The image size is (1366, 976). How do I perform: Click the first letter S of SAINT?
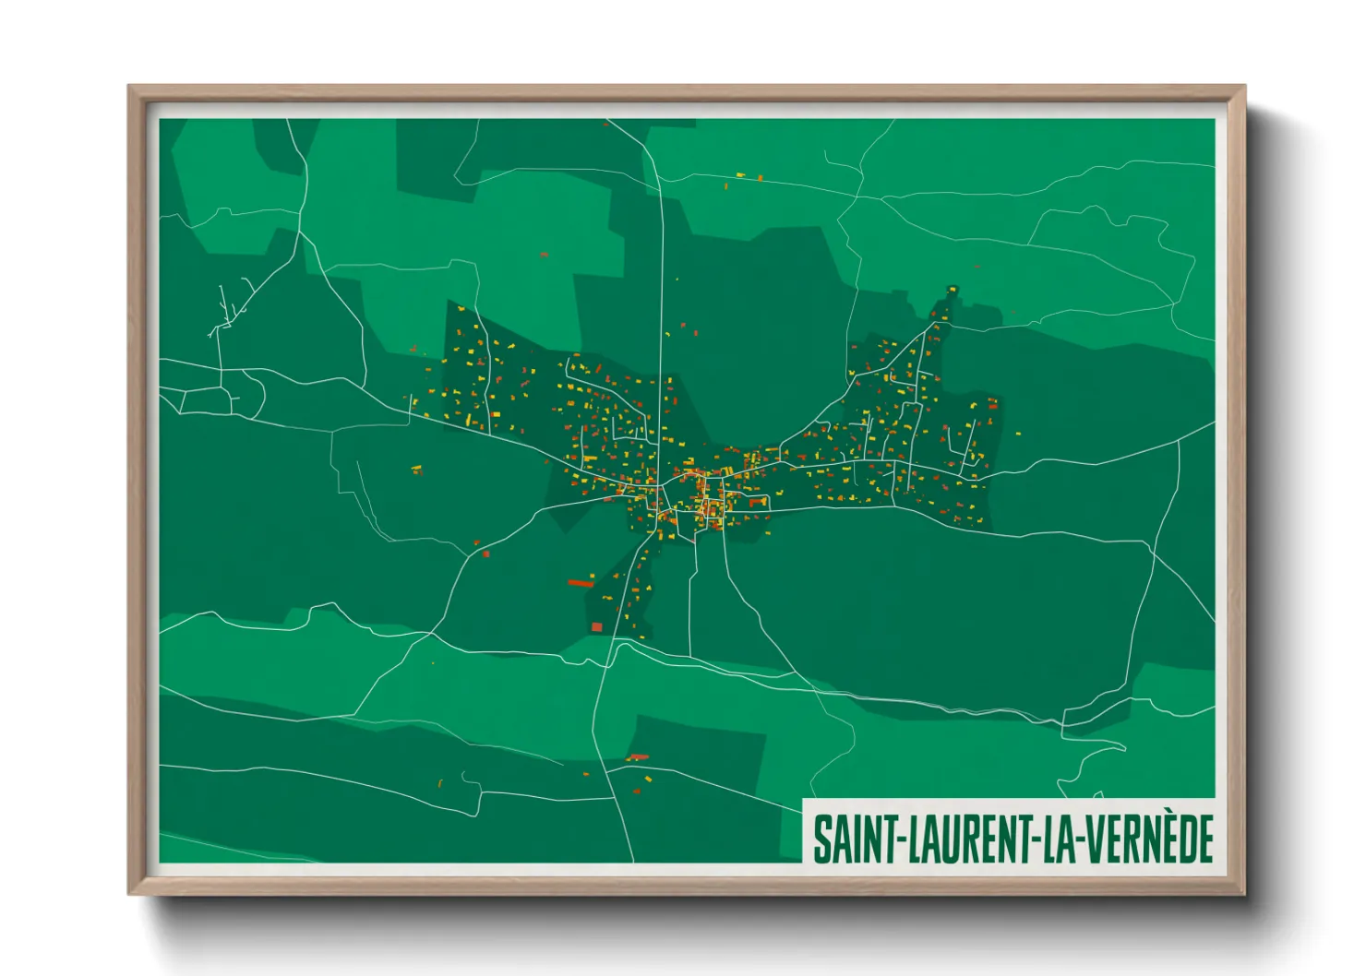[821, 839]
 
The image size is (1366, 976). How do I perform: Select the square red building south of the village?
[596, 627]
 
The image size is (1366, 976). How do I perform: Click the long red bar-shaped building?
[581, 583]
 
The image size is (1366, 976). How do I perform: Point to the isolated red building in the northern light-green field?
[544, 254]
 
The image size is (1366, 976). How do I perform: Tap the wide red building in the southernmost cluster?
[638, 757]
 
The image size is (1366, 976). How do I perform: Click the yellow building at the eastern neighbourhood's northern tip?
[953, 290]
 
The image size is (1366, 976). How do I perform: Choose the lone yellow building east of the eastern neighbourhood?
[1018, 433]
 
